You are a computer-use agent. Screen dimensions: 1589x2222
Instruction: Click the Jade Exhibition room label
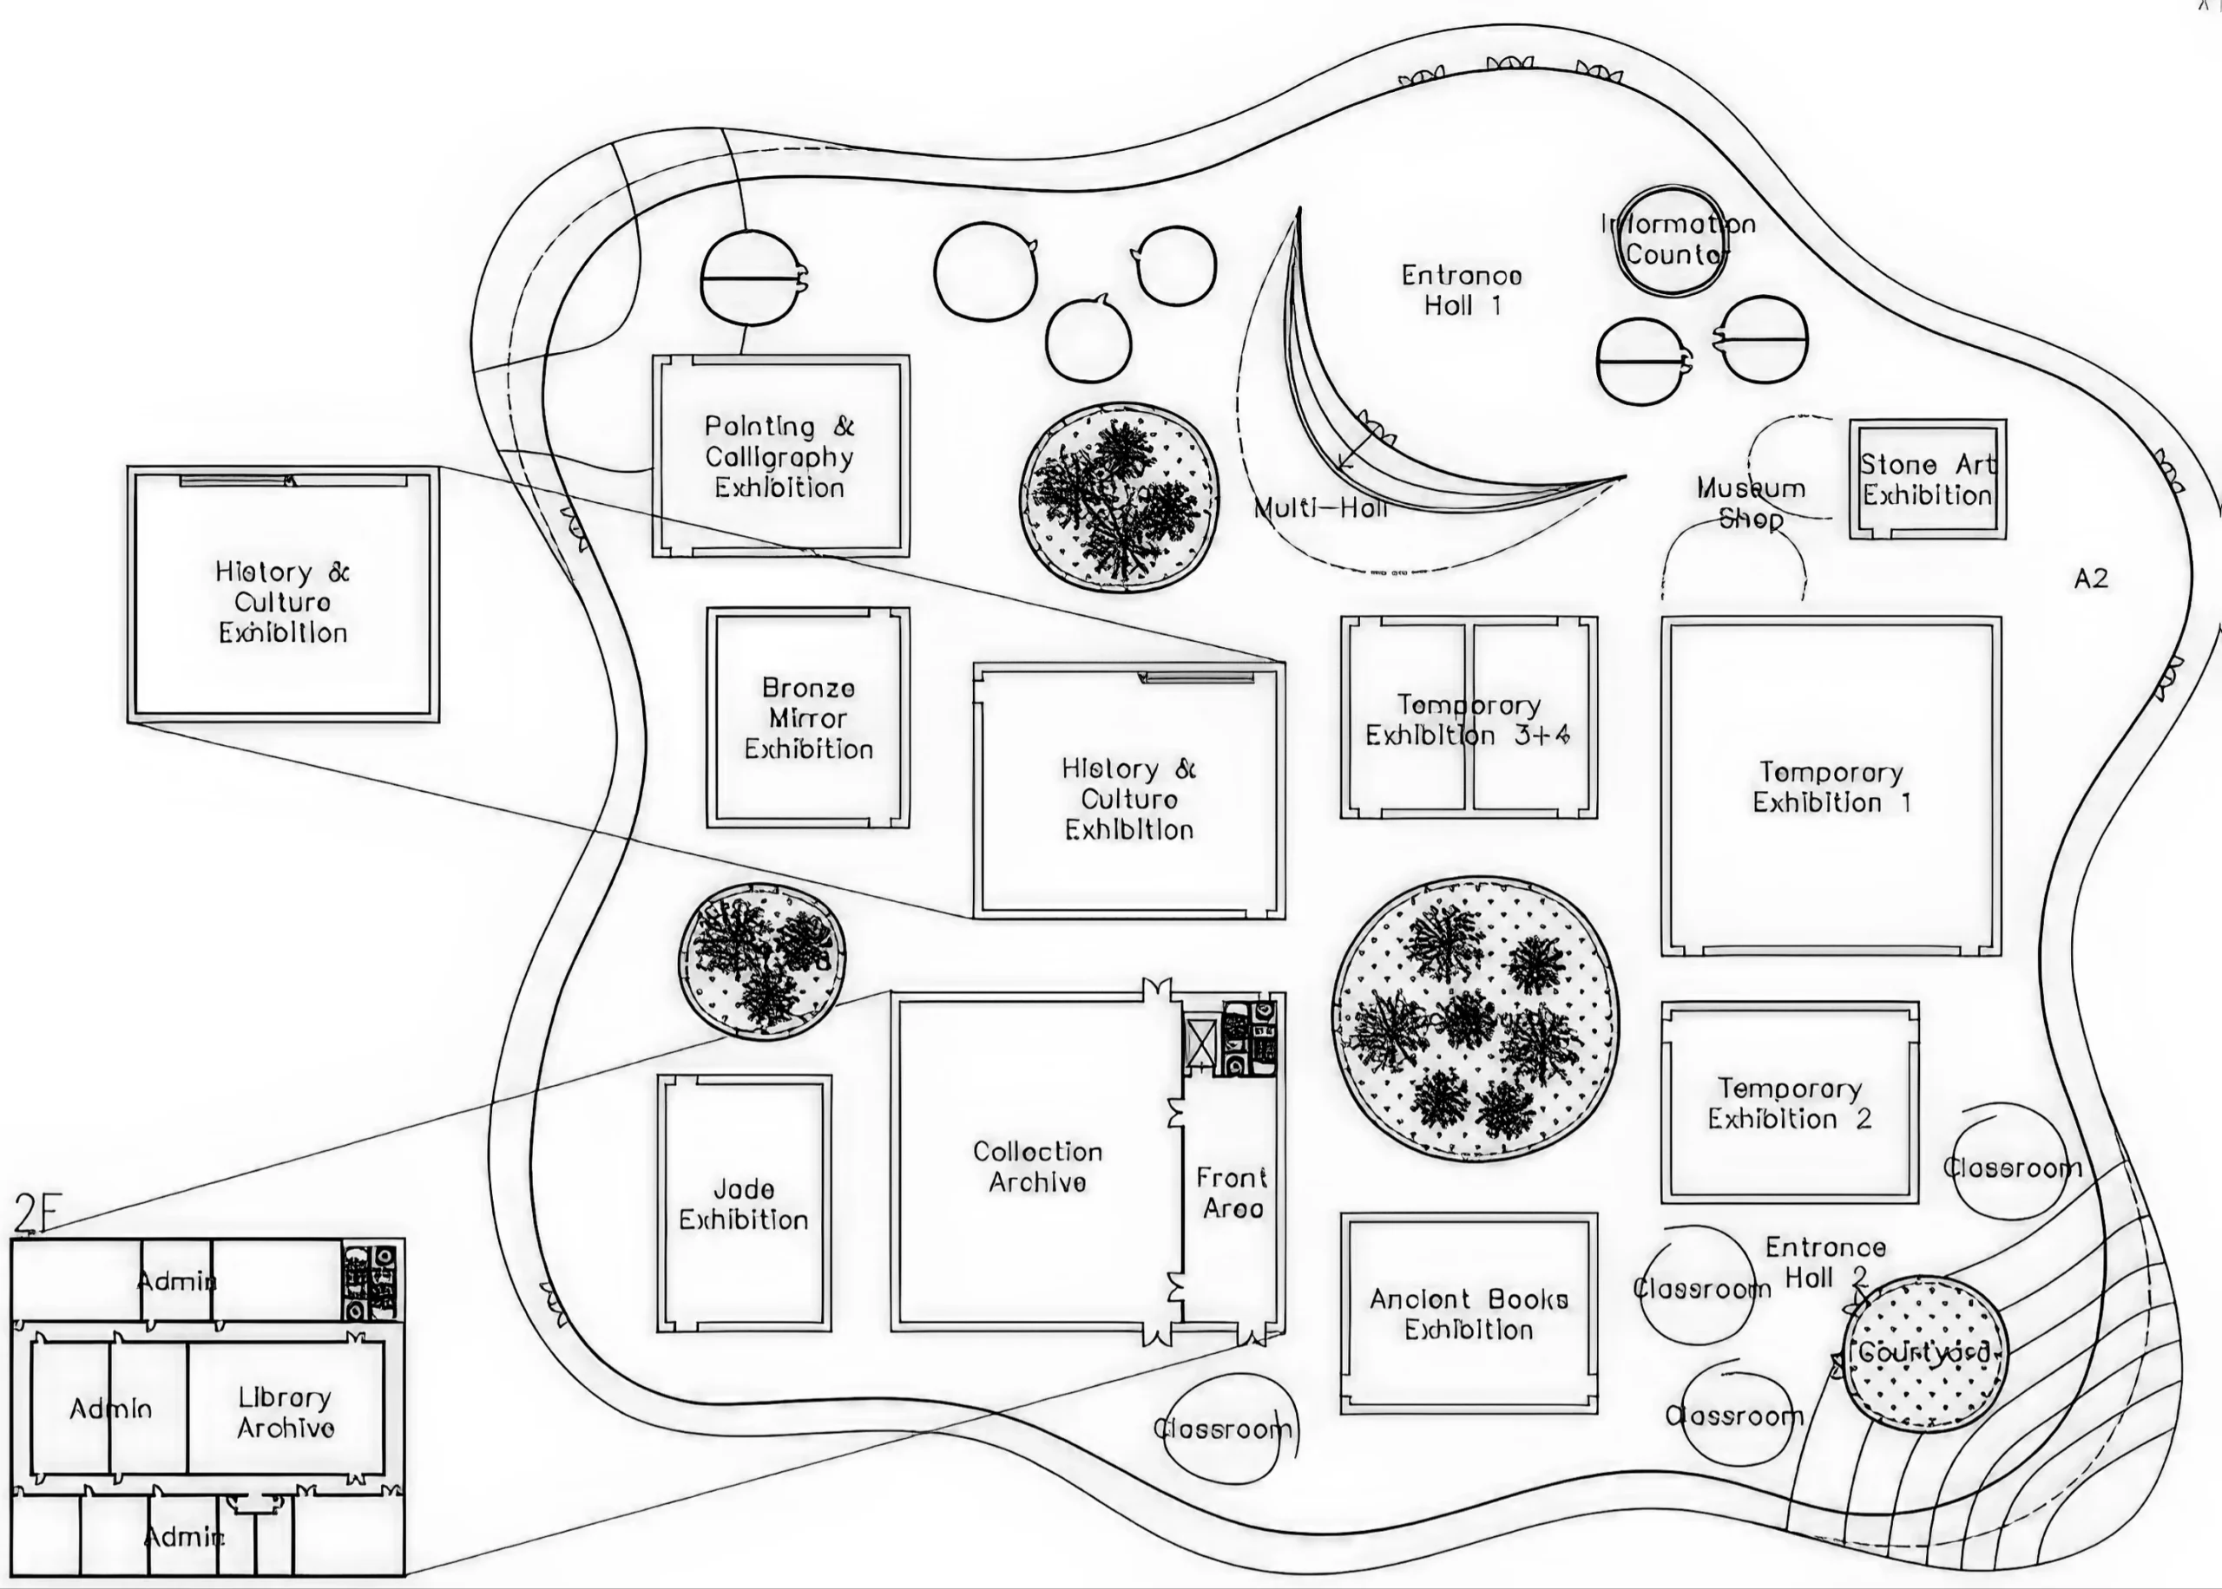tap(744, 1205)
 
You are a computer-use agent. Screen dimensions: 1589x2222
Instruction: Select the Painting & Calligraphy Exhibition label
tap(779, 457)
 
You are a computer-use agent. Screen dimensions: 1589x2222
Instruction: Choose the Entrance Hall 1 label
tap(1462, 291)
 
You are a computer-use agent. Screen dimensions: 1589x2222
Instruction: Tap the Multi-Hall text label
tap(1320, 507)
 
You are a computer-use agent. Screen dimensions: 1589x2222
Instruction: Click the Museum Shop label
tap(1752, 503)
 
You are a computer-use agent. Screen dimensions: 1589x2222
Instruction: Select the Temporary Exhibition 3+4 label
tap(1469, 720)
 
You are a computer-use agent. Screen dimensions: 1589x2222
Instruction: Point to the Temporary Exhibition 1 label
tap(1831, 788)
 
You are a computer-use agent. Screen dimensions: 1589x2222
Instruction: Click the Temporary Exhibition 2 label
tap(1790, 1103)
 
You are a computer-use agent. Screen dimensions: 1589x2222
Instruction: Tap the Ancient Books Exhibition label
tap(1469, 1314)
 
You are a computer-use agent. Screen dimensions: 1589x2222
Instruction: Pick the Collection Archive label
tap(1037, 1167)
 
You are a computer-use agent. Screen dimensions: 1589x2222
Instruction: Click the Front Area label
tap(1232, 1193)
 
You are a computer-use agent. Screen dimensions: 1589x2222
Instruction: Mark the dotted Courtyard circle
tap(1923, 1354)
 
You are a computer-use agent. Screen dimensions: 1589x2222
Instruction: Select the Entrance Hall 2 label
tap(1825, 1262)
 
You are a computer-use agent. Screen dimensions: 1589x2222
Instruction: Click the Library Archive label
tap(285, 1413)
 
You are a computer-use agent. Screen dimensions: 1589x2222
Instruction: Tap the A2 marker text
tap(2090, 579)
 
